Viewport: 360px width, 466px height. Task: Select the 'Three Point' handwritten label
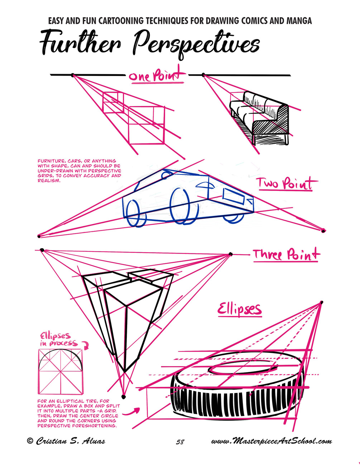click(x=286, y=255)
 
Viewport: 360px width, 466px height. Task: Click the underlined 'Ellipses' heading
click(x=239, y=309)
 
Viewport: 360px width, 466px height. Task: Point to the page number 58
click(x=180, y=442)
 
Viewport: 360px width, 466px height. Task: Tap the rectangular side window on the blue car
click(x=233, y=196)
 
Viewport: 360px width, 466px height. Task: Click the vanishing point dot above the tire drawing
click(x=321, y=303)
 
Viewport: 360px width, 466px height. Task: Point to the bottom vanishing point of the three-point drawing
click(x=124, y=397)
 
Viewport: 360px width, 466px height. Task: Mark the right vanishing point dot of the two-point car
click(x=323, y=230)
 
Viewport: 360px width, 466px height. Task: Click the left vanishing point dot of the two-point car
click(x=39, y=236)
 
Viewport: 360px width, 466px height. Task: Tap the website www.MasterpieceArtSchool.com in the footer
click(x=271, y=441)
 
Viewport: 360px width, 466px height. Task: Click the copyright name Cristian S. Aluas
click(x=66, y=441)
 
